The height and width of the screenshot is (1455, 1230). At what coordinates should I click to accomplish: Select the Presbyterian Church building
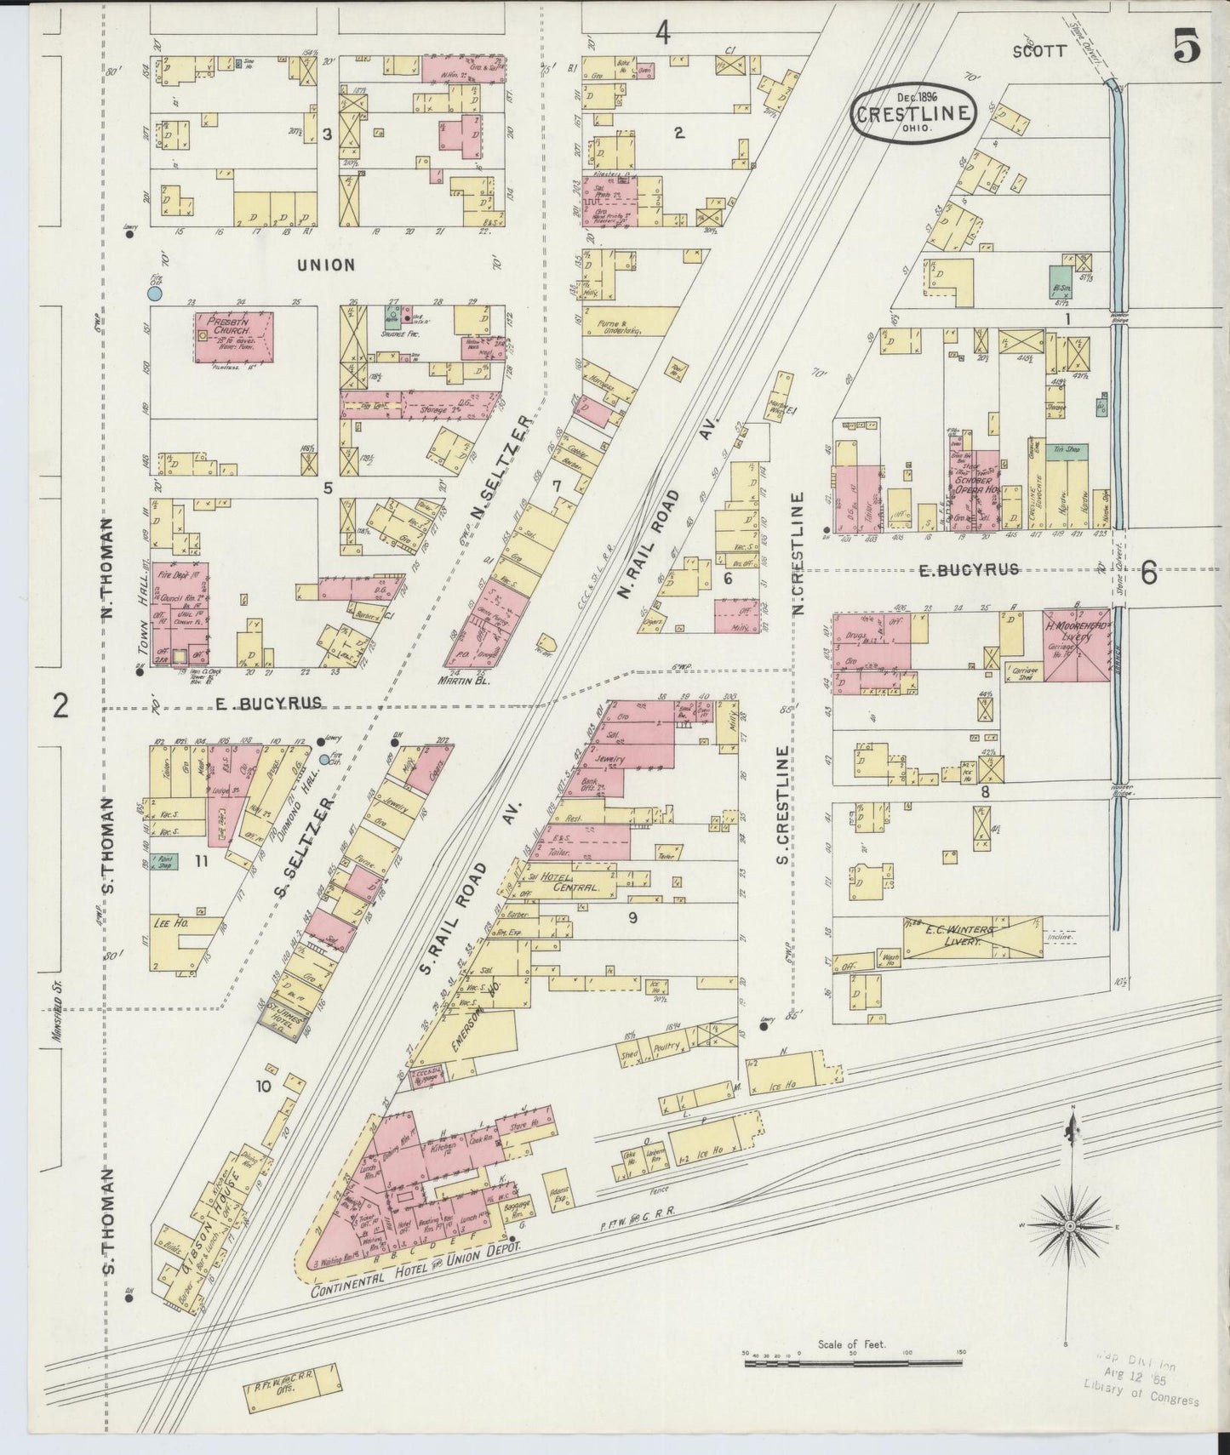234,337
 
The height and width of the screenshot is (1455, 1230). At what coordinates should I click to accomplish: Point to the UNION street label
326,265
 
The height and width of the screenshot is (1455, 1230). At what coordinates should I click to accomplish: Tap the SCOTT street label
1038,51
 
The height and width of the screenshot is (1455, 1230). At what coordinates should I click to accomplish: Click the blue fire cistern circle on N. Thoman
154,294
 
